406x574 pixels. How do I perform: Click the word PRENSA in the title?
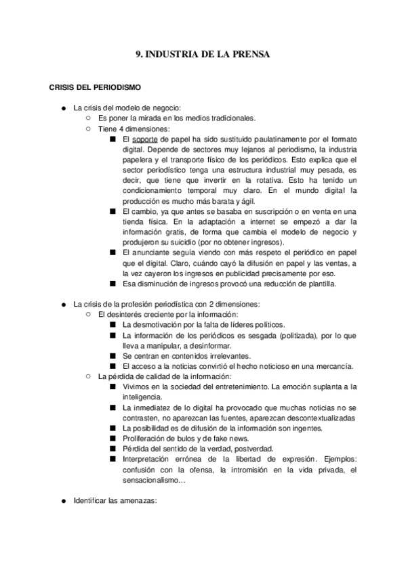pyautogui.click(x=251, y=56)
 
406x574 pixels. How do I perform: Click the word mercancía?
pyautogui.click(x=330, y=366)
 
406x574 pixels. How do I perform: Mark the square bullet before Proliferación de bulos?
pyautogui.click(x=112, y=438)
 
